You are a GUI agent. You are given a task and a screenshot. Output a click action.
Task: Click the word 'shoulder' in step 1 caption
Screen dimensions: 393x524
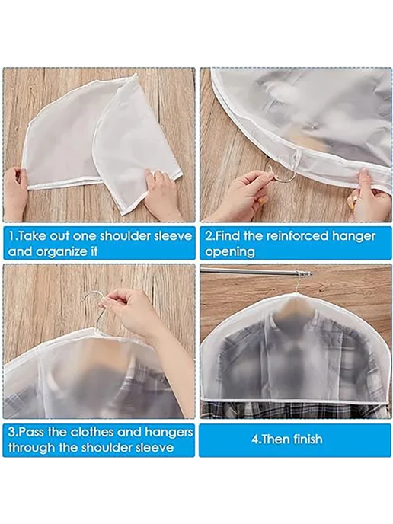(126, 235)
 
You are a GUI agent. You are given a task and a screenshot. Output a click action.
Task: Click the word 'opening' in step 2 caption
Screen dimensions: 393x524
(230, 251)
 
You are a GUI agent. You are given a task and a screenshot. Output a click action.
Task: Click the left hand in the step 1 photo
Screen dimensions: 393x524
(15, 192)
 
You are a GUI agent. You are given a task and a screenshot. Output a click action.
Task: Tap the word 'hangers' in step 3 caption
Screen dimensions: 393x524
(169, 432)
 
